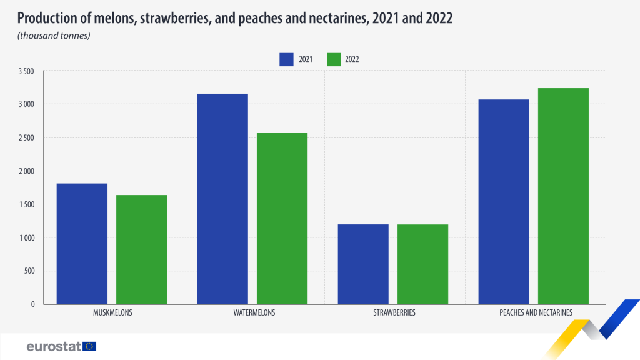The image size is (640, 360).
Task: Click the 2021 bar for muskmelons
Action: coord(82,244)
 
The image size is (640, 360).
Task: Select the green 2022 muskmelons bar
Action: coord(141,249)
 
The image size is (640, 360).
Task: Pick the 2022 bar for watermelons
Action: coord(282,218)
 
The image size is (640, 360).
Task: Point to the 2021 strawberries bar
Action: coord(363,264)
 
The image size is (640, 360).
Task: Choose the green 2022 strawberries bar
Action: coord(422,264)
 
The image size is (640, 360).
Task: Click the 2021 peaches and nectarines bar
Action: coord(504,202)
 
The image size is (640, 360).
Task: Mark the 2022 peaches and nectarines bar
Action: coord(563,196)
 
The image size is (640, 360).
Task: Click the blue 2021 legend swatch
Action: coord(287,59)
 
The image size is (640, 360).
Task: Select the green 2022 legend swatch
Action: coord(333,59)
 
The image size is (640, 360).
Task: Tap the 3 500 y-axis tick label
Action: coord(26,71)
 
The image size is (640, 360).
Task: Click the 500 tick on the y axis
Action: coord(29,271)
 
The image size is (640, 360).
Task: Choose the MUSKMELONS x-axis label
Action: coord(112,312)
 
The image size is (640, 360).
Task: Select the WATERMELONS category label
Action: coord(252,312)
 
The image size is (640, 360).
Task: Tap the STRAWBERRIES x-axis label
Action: coord(393,312)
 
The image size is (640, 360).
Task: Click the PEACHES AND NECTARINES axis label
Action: coord(533,312)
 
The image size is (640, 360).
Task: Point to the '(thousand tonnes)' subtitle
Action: coord(54,36)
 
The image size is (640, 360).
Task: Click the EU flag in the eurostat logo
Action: coord(89,346)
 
